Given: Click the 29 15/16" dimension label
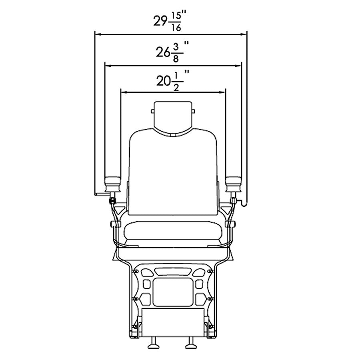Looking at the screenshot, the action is [x=170, y=22].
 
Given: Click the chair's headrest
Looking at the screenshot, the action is [x=173, y=118].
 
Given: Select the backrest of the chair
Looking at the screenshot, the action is [x=173, y=172].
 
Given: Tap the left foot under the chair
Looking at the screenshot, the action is [x=153, y=342].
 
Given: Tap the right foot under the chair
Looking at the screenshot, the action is [x=190, y=342].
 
